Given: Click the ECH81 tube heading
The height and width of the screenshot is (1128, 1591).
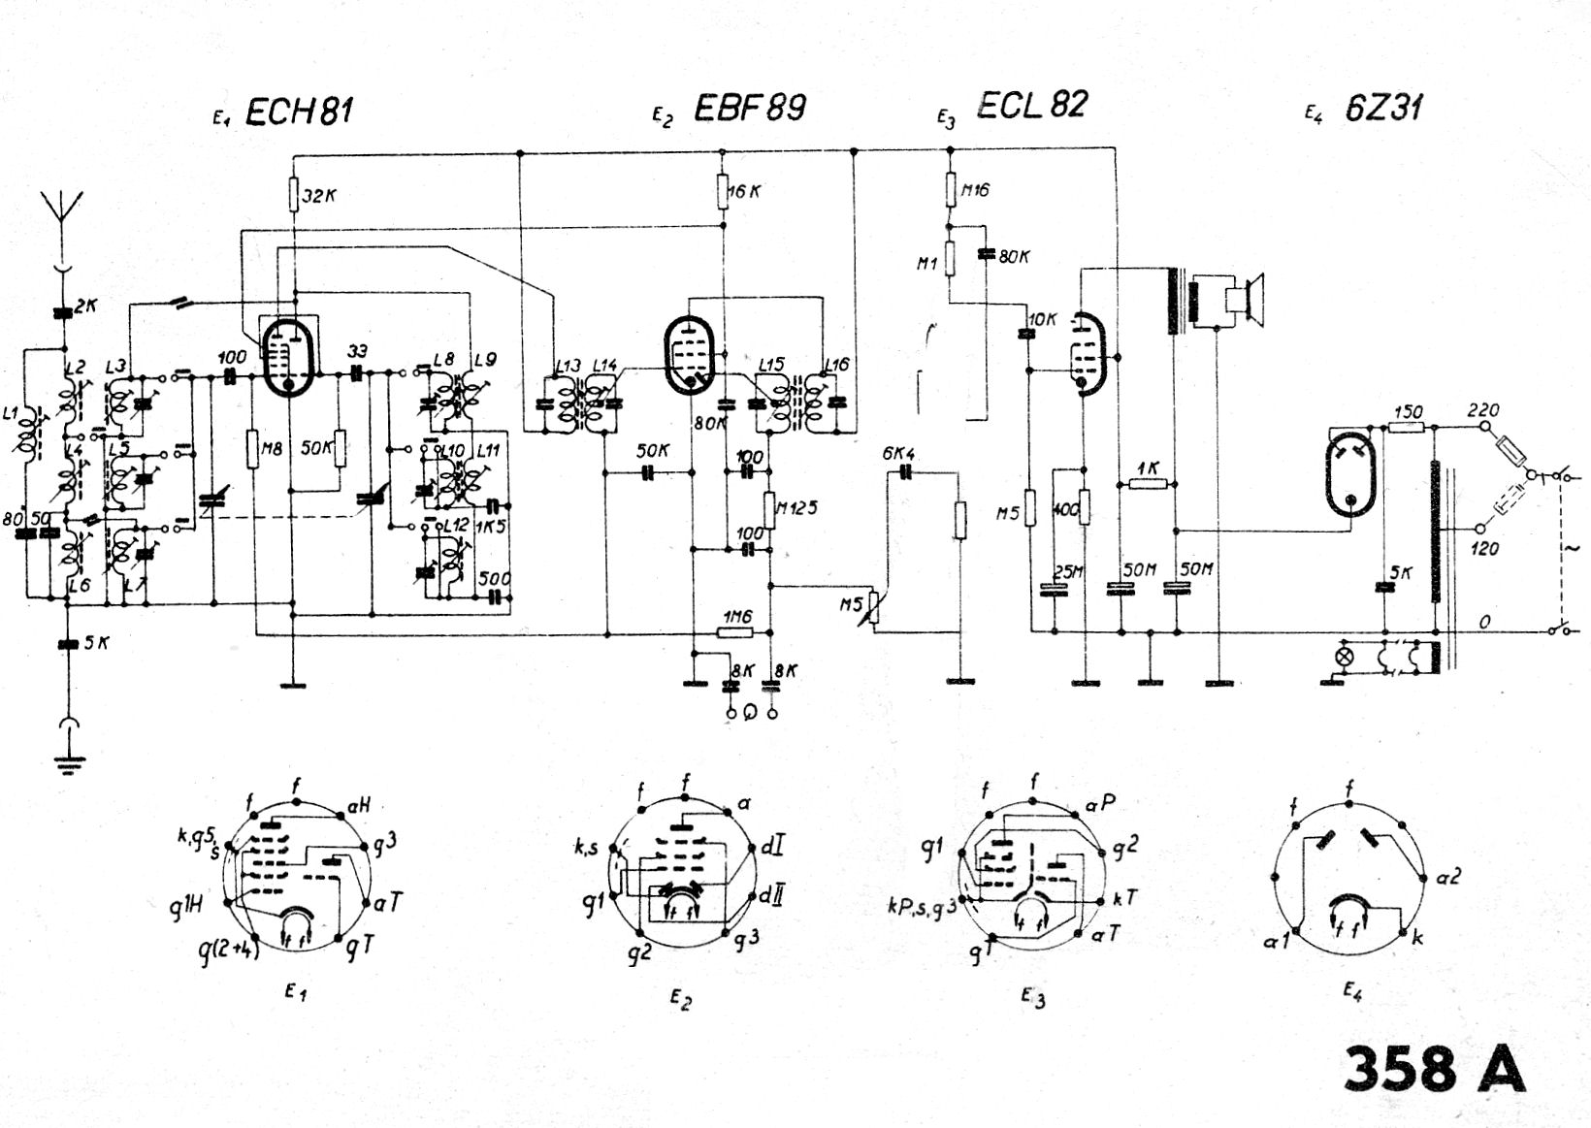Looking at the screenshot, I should (x=299, y=113).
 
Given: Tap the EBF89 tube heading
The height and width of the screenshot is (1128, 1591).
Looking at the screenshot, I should (x=750, y=108).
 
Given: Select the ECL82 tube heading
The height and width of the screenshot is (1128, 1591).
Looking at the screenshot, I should (x=1031, y=105).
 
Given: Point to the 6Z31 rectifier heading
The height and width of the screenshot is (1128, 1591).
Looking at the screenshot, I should (x=1384, y=108).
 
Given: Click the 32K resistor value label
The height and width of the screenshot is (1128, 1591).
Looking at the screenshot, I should (x=319, y=196).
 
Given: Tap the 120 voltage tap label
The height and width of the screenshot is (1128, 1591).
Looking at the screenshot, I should (x=1484, y=549).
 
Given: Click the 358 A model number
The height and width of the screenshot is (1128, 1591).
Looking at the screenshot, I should (x=1434, y=1069).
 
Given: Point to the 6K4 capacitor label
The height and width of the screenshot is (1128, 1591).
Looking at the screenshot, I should (x=899, y=454).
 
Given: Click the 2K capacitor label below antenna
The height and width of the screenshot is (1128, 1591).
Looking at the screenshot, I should (x=86, y=306).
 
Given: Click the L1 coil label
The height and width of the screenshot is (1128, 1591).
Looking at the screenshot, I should (x=12, y=414).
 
